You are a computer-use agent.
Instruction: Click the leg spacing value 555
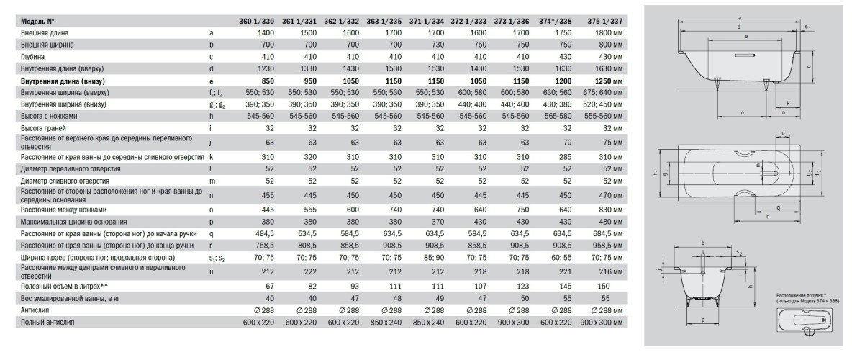click(x=306, y=209)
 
